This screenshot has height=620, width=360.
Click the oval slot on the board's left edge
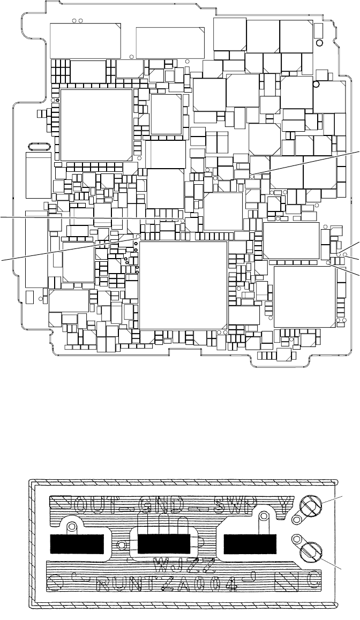pyautogui.click(x=39, y=146)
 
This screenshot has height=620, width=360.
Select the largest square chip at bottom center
pyautogui.click(x=183, y=285)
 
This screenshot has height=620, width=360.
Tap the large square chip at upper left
pyautogui.click(x=96, y=125)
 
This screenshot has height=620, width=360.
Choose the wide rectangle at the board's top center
pyautogui.click(x=171, y=41)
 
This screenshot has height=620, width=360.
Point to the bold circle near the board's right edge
pyautogui.click(x=316, y=84)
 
